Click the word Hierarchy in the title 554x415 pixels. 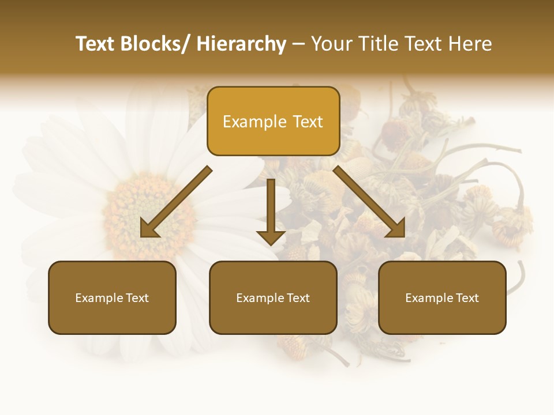241,44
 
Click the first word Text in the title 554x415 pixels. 96,44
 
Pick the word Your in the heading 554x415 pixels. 331,44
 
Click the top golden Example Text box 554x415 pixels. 273,121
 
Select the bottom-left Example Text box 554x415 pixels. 112,297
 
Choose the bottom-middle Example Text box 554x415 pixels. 273,297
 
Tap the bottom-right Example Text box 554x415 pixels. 442,297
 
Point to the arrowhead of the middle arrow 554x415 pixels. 271,237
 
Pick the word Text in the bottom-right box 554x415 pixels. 467,297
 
